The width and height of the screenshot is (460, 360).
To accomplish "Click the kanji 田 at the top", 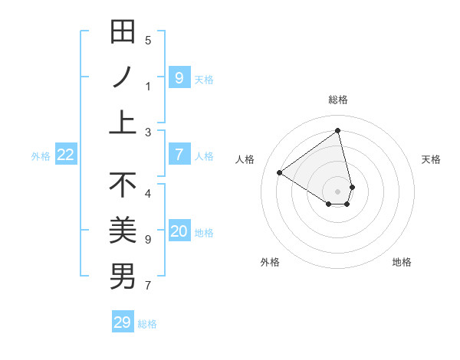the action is coord(123,33).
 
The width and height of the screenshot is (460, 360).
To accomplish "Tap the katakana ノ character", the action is coord(123,78).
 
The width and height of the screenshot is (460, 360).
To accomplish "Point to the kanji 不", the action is coord(123,185).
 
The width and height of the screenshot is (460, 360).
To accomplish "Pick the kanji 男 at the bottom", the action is coord(123,275).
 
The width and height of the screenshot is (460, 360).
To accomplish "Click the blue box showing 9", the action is coord(179,77).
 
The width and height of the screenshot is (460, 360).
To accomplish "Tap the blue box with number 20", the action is coord(179,231).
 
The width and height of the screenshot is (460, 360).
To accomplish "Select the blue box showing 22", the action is coord(66,155).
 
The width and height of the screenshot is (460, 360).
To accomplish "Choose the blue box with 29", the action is coord(123,322).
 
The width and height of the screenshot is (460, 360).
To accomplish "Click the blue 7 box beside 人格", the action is coord(179,155).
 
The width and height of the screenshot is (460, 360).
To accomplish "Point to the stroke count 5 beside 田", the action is coord(148,41).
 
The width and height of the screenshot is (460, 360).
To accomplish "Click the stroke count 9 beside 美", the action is coord(148,240).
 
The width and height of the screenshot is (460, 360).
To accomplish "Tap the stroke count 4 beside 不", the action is coord(148,193).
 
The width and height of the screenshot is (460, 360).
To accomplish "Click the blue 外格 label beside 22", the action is coord(41,156).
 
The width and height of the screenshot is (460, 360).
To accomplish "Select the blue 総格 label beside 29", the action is coord(147,324).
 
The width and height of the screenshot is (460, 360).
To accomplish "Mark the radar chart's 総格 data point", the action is coord(338,130).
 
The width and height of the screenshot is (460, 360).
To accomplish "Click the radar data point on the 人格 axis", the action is coord(280,173).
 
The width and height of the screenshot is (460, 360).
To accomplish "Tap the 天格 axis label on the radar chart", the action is coord(431,159).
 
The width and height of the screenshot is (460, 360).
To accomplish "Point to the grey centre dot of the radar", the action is coord(338,191).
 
